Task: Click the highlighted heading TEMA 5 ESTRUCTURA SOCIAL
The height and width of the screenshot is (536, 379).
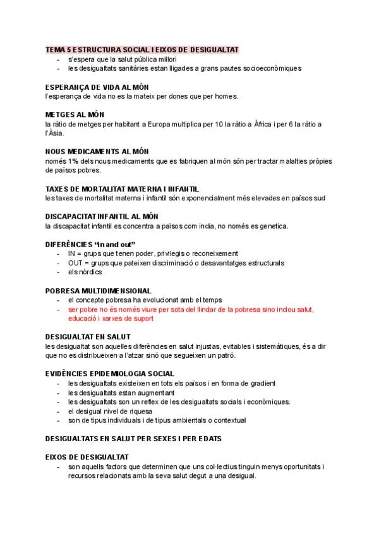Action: click(142, 49)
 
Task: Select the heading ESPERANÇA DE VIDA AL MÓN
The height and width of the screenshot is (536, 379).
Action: click(97, 87)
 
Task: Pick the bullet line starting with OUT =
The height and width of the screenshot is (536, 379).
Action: click(176, 262)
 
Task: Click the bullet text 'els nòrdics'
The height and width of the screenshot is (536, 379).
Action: click(84, 272)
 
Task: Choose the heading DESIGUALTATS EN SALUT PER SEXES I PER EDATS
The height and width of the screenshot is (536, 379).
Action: click(133, 438)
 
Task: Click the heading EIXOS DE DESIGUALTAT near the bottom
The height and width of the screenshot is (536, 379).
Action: click(87, 457)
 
